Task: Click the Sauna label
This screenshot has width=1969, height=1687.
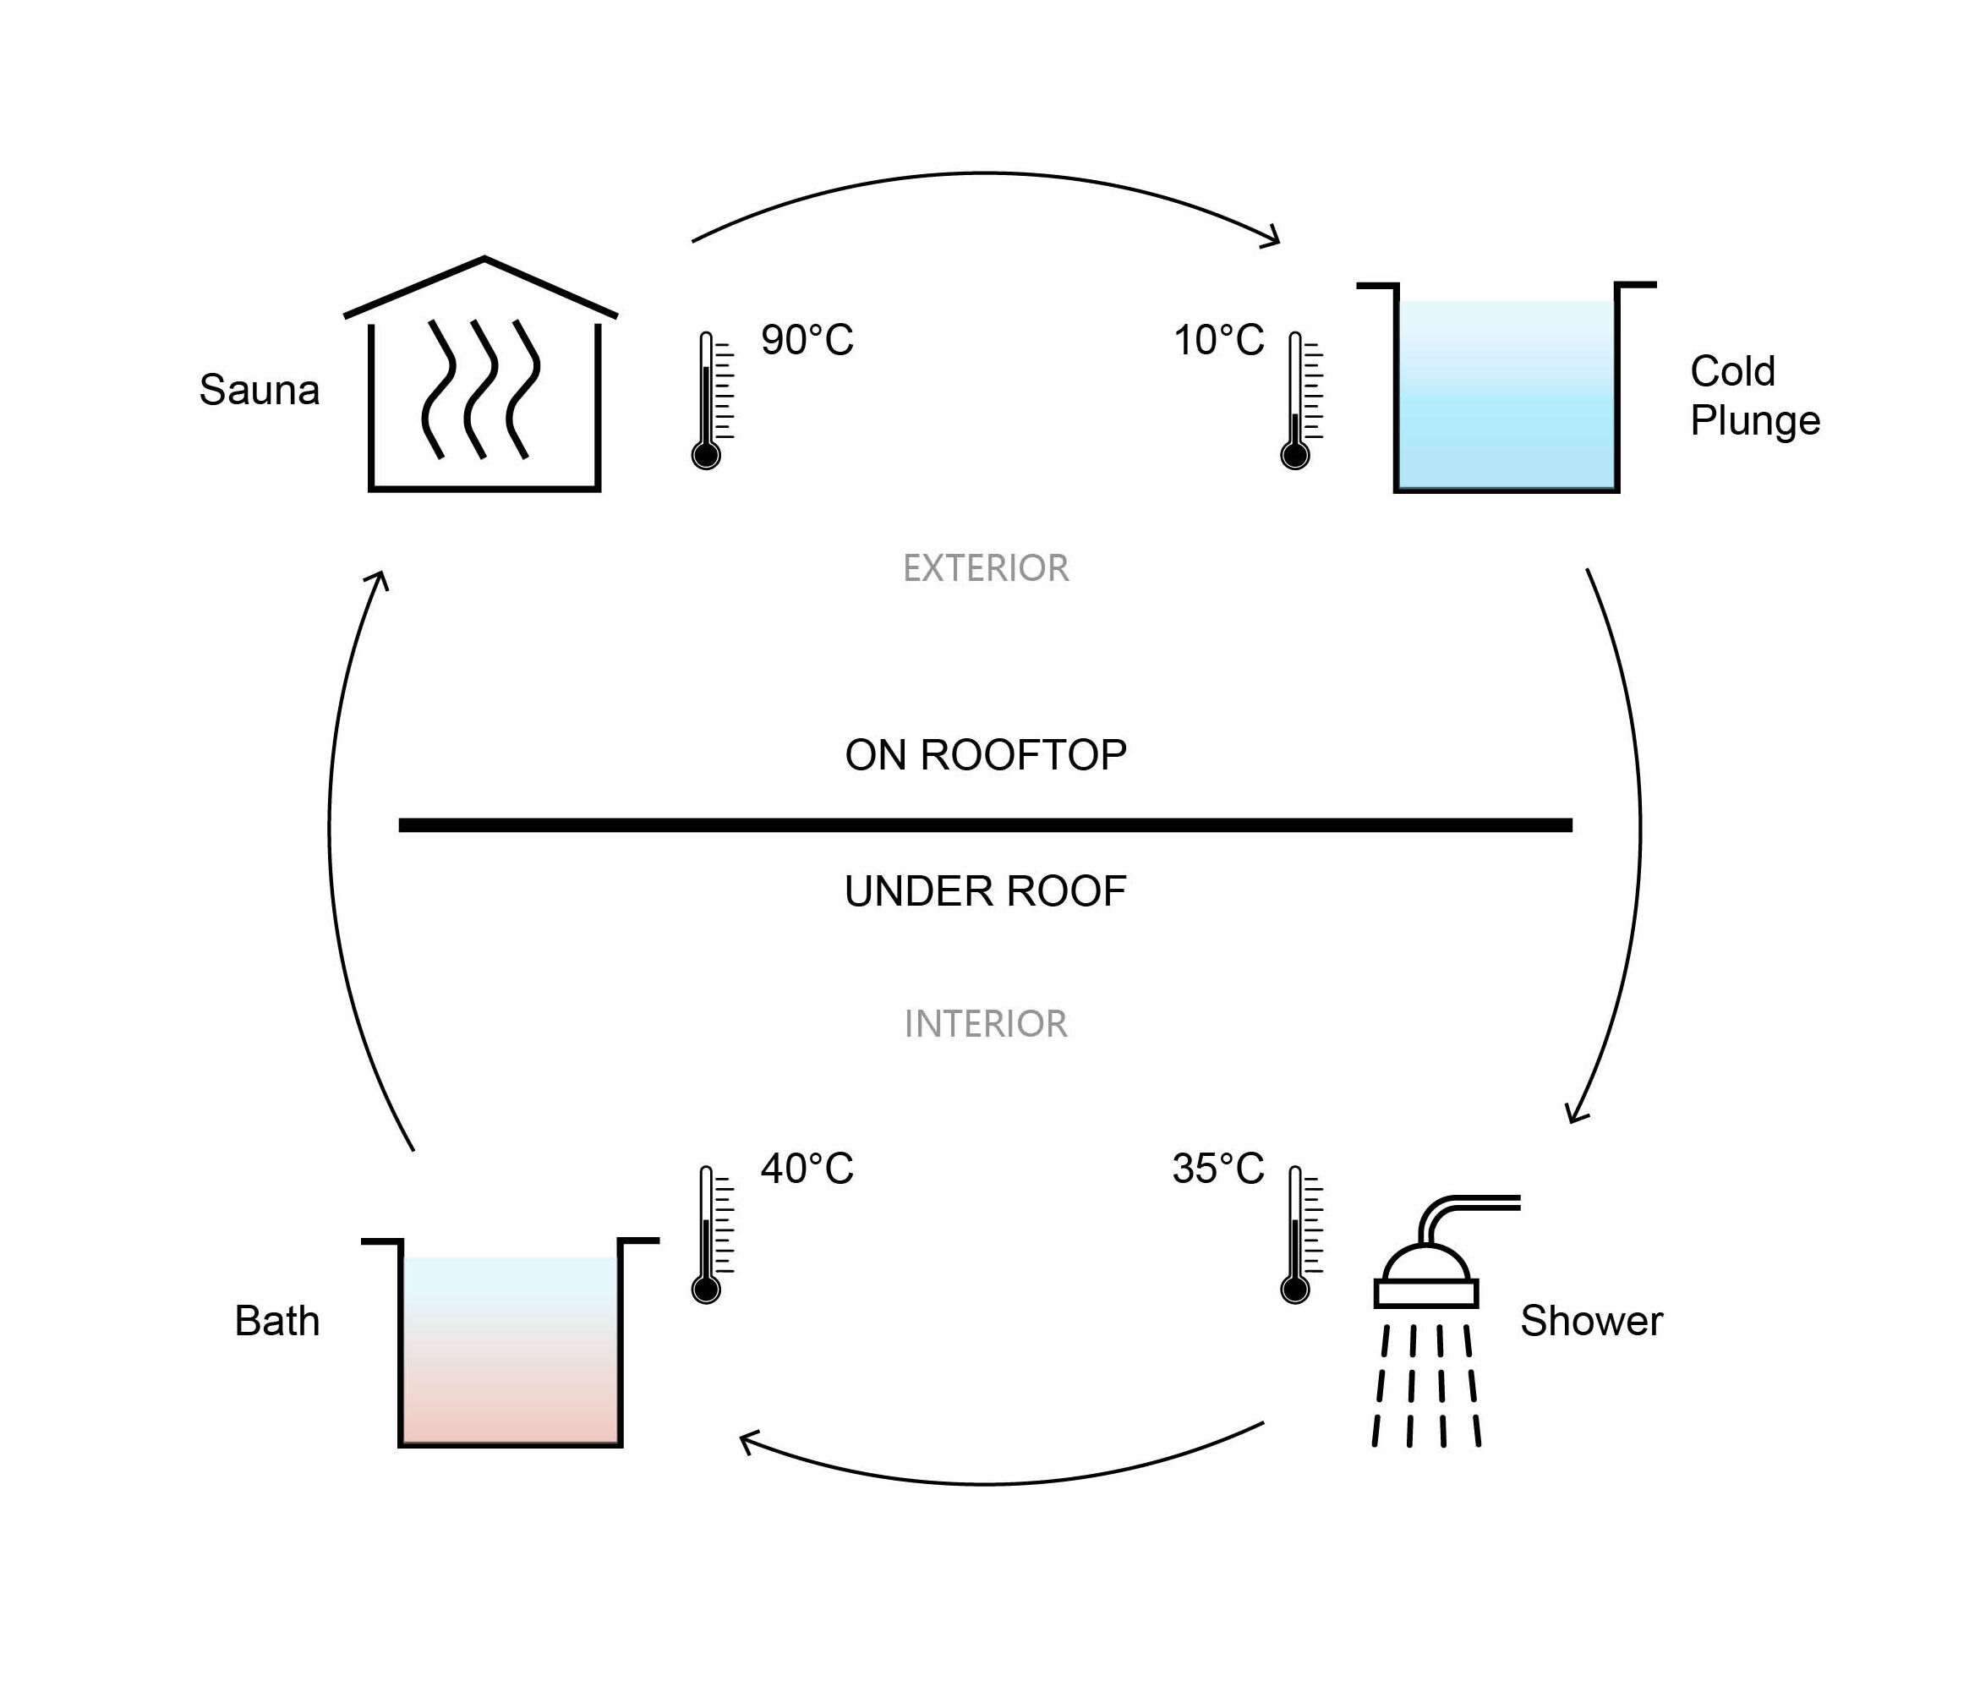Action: click(x=259, y=390)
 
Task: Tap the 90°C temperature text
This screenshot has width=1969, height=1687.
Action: click(x=807, y=340)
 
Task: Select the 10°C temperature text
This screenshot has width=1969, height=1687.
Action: click(x=1219, y=340)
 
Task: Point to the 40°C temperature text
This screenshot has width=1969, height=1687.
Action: click(x=807, y=1169)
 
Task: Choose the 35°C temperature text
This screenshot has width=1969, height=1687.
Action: click(x=1218, y=1169)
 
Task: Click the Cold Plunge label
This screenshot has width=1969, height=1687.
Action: click(x=1754, y=397)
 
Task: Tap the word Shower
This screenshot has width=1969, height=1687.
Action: click(x=1592, y=1321)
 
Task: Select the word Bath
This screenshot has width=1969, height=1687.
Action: click(x=276, y=1321)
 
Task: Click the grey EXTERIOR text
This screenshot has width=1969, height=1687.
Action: click(x=986, y=568)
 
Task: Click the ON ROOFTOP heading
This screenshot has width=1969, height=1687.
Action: click(x=986, y=754)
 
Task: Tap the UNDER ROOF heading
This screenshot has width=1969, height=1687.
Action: click(x=986, y=891)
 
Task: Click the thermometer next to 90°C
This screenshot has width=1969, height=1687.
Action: click(x=712, y=400)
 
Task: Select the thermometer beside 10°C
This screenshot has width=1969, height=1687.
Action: click(x=1301, y=400)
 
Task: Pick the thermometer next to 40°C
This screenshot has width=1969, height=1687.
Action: click(x=712, y=1235)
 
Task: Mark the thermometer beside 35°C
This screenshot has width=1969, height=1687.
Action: click(x=1301, y=1235)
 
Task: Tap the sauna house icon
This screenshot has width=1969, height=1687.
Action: click(x=481, y=374)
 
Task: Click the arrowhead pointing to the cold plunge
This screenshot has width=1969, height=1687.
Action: click(x=1272, y=237)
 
